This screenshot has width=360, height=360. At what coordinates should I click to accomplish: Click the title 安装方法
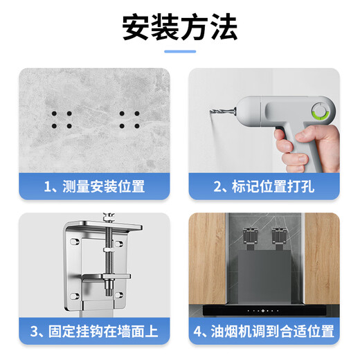pos(179,27)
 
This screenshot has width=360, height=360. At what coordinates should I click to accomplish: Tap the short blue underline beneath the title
pos(179,51)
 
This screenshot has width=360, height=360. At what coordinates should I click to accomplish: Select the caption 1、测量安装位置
pos(94,186)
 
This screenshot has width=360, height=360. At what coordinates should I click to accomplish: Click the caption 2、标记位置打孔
pos(264,186)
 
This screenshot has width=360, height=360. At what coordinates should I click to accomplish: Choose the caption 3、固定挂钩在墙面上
pos(94,331)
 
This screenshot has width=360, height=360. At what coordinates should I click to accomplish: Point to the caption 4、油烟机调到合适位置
pos(264,331)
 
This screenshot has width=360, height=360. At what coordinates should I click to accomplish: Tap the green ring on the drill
pos(321,111)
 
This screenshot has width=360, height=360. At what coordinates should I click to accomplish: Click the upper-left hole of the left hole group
pos(53,114)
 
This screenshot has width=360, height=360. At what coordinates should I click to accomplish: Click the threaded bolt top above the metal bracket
pos(108,219)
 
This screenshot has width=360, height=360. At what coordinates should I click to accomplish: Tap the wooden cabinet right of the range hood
pos(322,263)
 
